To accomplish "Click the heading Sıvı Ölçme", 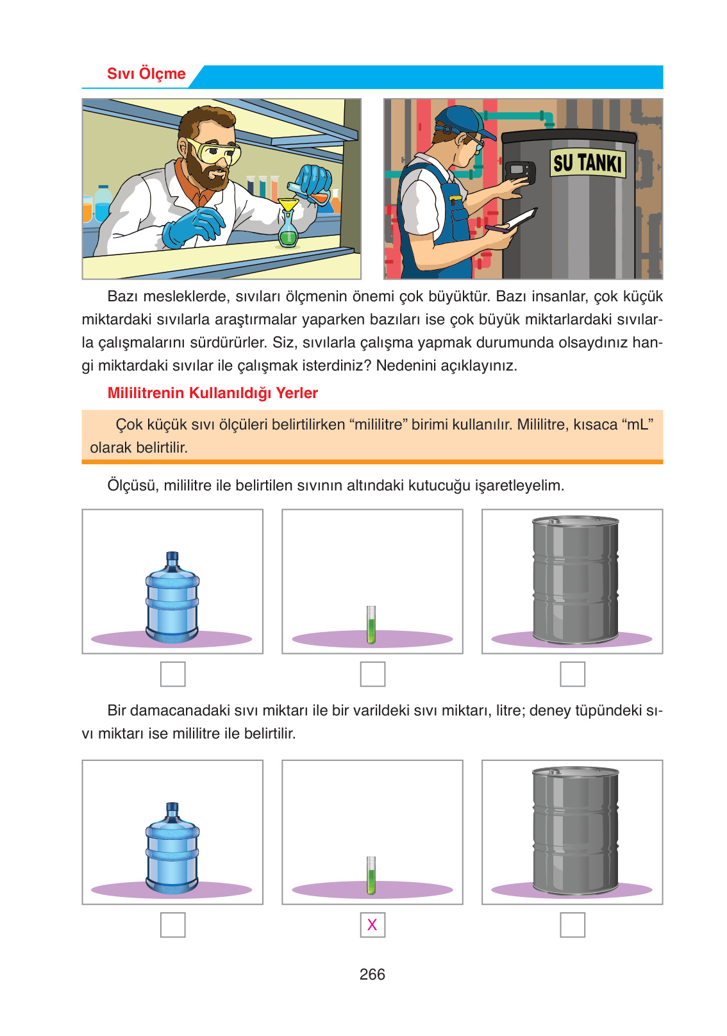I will pyautogui.click(x=146, y=74).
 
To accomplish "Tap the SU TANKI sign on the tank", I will pyautogui.click(x=587, y=163).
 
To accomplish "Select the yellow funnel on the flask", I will pyautogui.click(x=288, y=205).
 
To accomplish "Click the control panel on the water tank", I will pyautogui.click(x=520, y=172).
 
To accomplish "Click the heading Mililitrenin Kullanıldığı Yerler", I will pyautogui.click(x=212, y=393).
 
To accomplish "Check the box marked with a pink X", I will pyautogui.click(x=372, y=924).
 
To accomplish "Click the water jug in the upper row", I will pyautogui.click(x=172, y=599).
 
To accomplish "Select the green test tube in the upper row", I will pyautogui.click(x=371, y=624).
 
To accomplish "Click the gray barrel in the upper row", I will pyautogui.click(x=575, y=580).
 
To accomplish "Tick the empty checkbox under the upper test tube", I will pyautogui.click(x=372, y=674).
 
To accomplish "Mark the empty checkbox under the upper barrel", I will pyautogui.click(x=572, y=674).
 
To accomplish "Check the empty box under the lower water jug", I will pyautogui.click(x=172, y=924).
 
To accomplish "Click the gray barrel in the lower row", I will pyautogui.click(x=575, y=830).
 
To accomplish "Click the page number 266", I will pyautogui.click(x=372, y=974).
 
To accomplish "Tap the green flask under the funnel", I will pyautogui.click(x=288, y=234).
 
